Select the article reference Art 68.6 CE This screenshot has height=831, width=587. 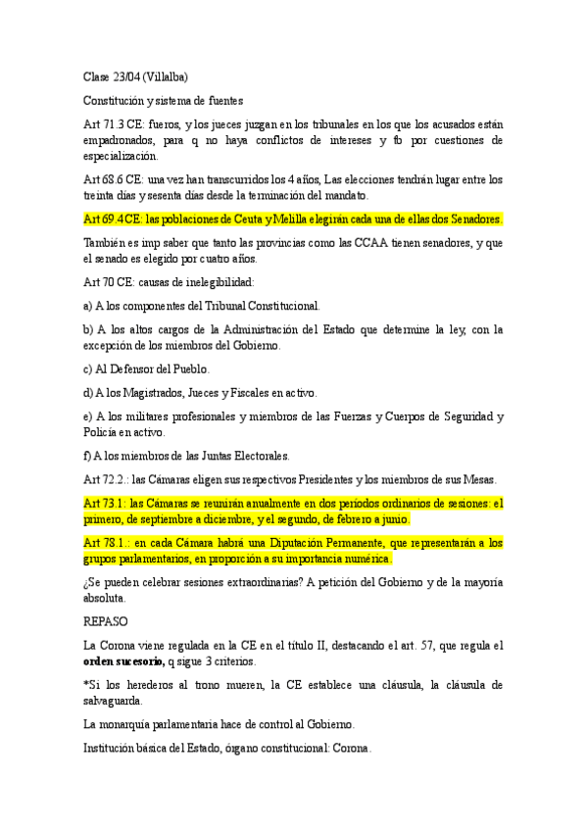[x=113, y=179]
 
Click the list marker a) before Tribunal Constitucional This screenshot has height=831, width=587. [x=89, y=306]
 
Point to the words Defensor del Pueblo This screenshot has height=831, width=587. [x=160, y=368]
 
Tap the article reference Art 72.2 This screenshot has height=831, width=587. [x=106, y=479]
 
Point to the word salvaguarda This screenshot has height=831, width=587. [x=121, y=701]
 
